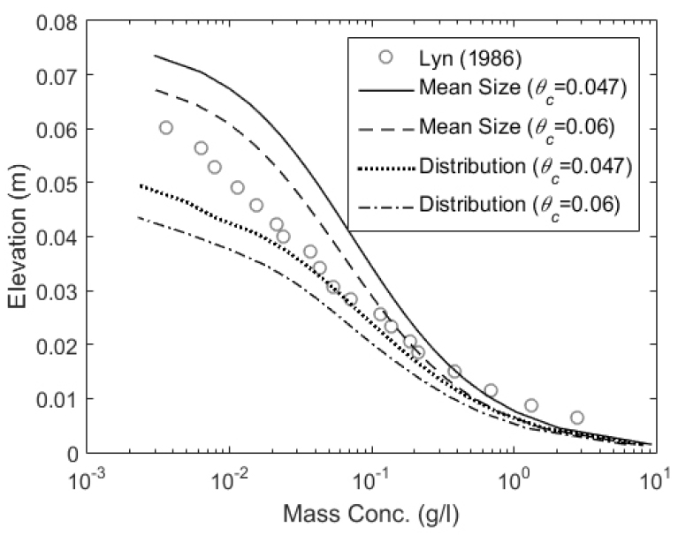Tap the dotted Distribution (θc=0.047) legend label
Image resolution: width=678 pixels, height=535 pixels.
click(x=527, y=168)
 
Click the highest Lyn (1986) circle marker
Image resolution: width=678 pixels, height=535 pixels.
click(x=165, y=128)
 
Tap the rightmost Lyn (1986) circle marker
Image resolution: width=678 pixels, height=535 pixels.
click(x=576, y=418)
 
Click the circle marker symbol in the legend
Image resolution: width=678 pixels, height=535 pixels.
click(x=385, y=57)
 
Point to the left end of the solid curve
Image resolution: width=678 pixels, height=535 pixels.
click(x=155, y=56)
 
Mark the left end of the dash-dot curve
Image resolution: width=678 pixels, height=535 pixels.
click(x=138, y=217)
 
